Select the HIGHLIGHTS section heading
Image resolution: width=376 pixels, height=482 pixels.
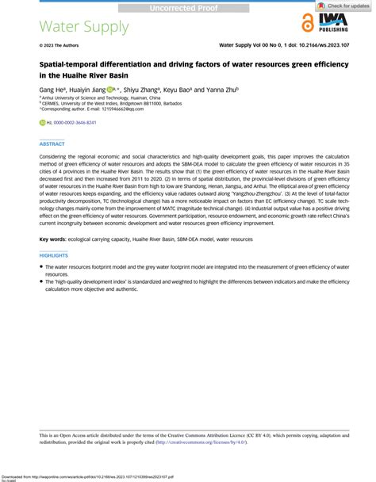click(x=56, y=254)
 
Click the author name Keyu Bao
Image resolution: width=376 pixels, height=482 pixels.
click(x=179, y=91)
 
